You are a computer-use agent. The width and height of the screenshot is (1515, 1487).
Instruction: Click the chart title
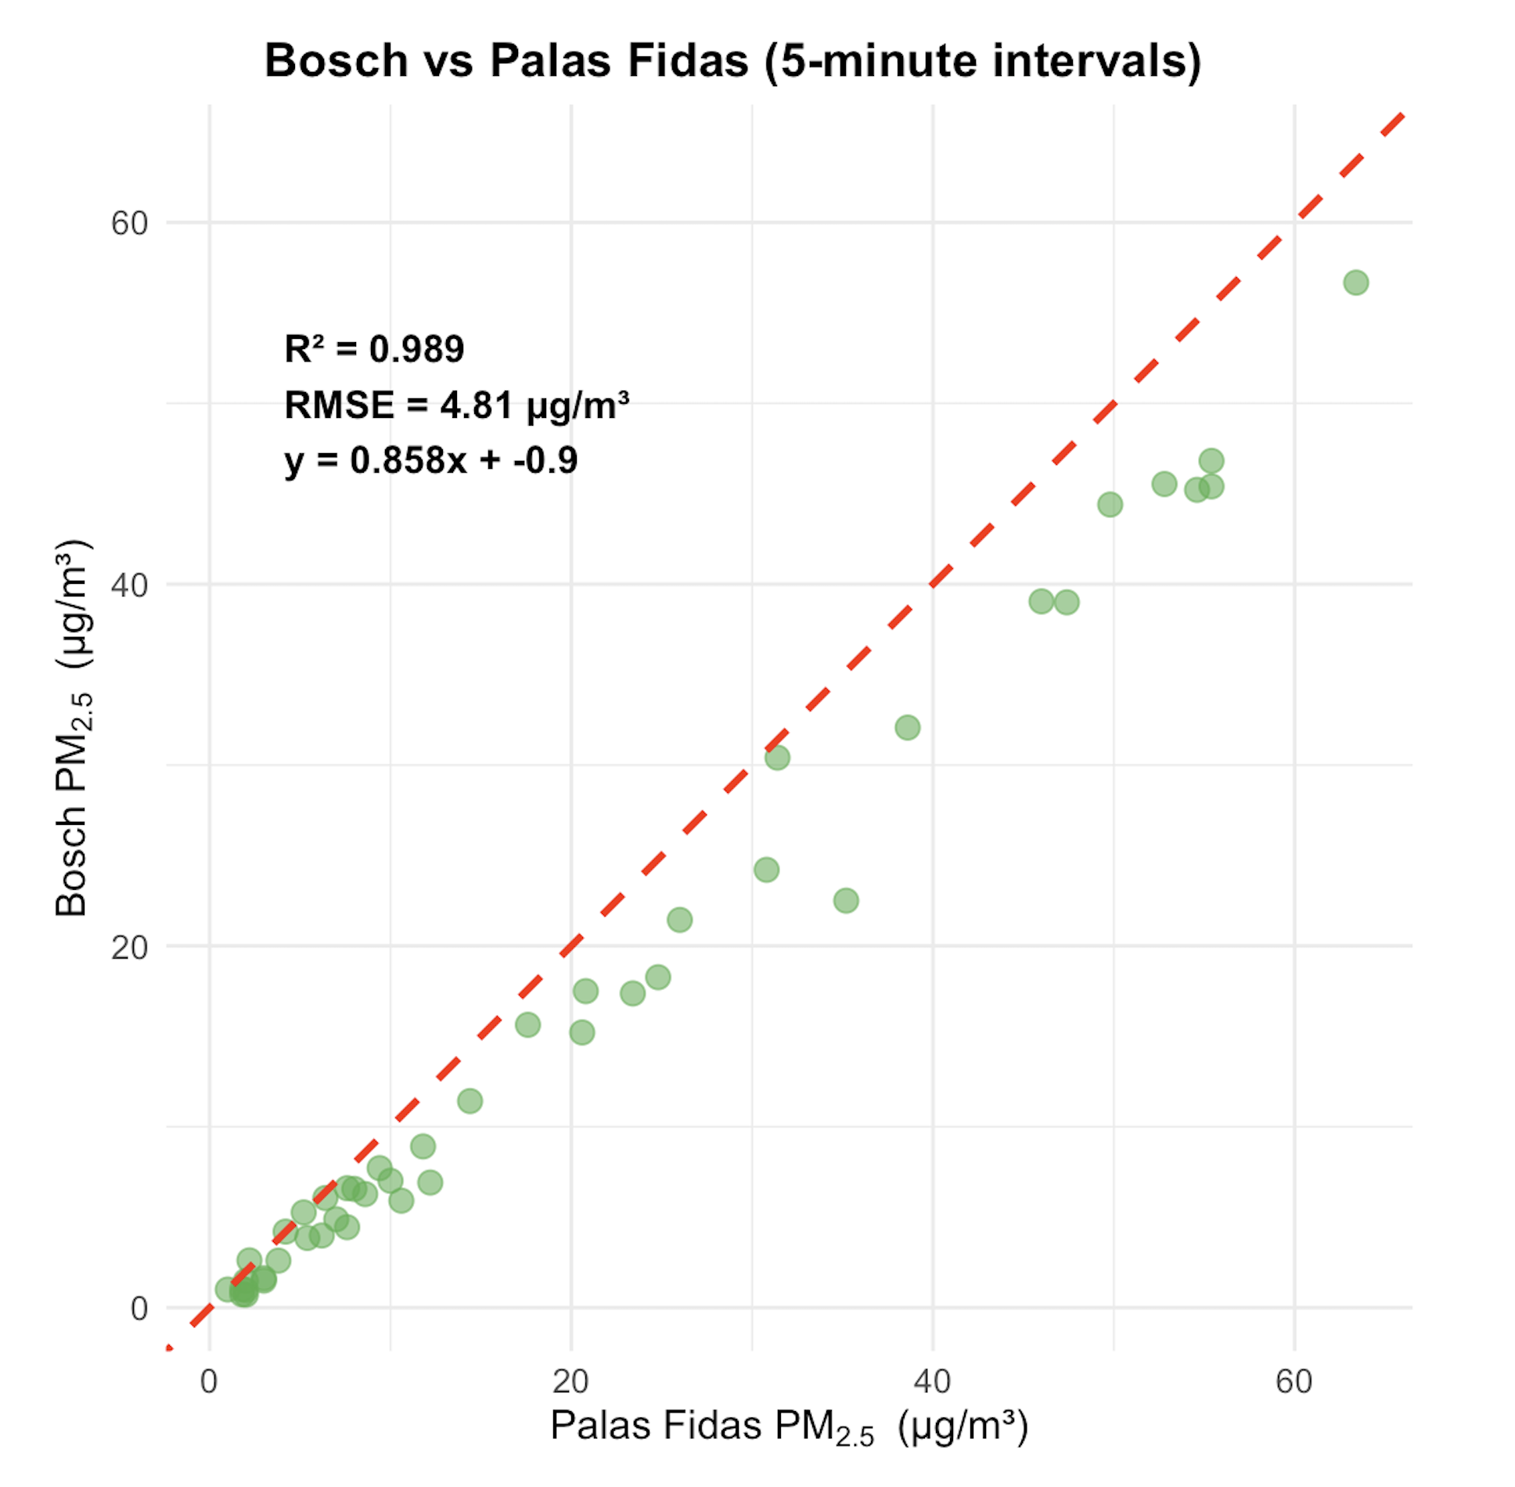click(x=732, y=60)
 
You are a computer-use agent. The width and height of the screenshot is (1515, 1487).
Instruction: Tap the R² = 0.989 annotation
click(x=374, y=349)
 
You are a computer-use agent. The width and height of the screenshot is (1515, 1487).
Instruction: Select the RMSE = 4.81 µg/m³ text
click(x=456, y=405)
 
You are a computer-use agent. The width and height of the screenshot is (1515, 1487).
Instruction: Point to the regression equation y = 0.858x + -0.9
click(x=430, y=460)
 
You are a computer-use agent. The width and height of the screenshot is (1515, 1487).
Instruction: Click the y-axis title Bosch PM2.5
click(x=72, y=728)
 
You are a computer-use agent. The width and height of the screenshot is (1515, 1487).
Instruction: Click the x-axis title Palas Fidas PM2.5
click(x=789, y=1426)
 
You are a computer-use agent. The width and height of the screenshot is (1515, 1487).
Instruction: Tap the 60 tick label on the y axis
click(x=129, y=224)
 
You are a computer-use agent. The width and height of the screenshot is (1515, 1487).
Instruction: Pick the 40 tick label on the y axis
click(x=129, y=585)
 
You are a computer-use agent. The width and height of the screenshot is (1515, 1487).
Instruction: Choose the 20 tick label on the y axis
click(x=129, y=947)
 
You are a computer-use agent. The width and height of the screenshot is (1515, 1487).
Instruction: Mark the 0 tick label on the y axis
click(x=139, y=1309)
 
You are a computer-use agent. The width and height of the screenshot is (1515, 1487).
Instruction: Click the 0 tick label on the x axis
click(x=209, y=1382)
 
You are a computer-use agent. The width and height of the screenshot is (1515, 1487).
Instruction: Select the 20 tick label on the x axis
click(x=570, y=1382)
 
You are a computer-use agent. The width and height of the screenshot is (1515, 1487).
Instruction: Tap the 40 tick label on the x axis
click(x=932, y=1382)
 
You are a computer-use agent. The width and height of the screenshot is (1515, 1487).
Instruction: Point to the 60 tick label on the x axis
click(x=1294, y=1382)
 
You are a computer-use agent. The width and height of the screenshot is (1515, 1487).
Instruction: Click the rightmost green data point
click(x=1356, y=283)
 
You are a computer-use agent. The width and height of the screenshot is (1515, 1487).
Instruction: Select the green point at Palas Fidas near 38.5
click(x=907, y=727)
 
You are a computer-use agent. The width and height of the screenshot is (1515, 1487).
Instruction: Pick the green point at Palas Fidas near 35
click(x=845, y=900)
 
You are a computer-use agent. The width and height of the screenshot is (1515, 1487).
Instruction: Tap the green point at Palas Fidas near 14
click(x=470, y=1101)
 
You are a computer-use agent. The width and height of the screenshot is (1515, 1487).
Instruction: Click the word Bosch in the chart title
click(x=336, y=60)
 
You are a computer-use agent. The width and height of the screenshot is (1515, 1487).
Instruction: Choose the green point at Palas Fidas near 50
click(x=1110, y=504)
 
